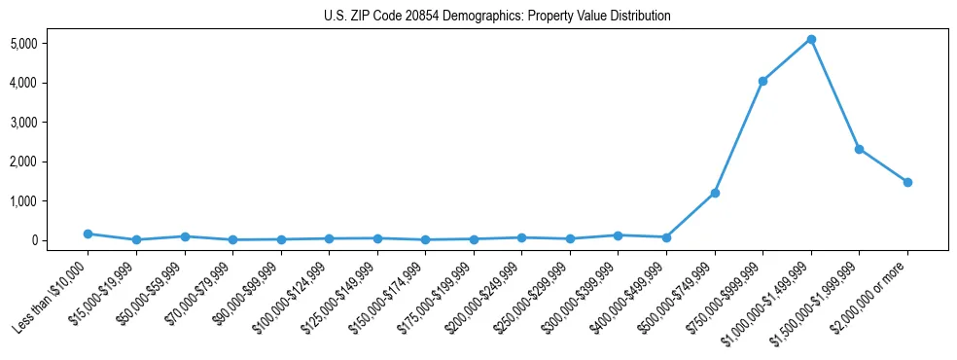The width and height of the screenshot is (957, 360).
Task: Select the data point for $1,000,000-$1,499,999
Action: (811, 40)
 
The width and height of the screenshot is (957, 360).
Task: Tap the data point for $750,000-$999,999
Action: (762, 81)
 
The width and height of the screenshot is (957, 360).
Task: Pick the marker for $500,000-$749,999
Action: (715, 193)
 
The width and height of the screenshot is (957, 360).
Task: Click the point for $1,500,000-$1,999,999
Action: (859, 149)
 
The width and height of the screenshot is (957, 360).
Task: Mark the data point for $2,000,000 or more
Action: (907, 182)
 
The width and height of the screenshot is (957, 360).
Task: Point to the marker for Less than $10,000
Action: (89, 234)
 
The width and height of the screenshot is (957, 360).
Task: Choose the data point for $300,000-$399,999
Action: (618, 234)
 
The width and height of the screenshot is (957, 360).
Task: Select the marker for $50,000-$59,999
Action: (185, 236)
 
